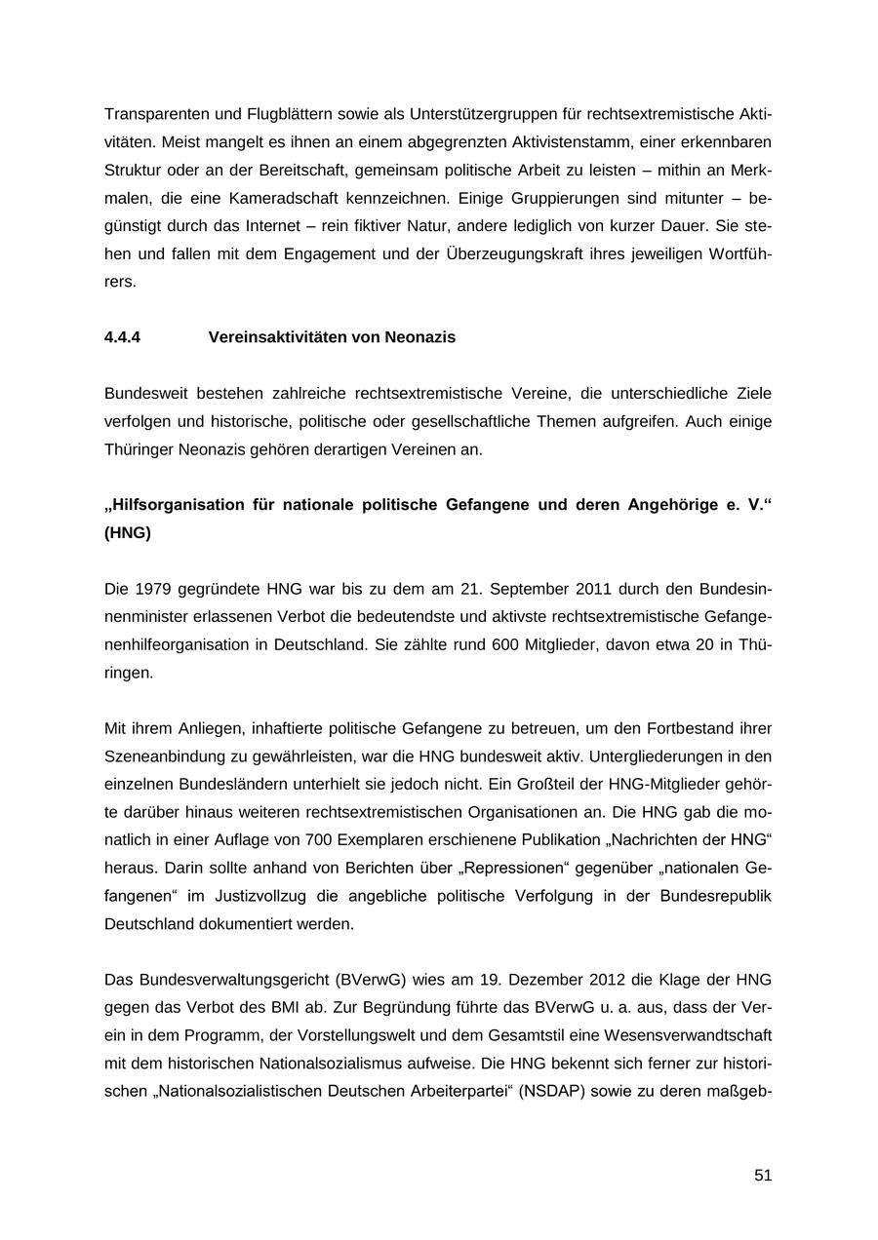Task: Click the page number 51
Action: click(763, 1176)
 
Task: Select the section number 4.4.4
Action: click(122, 337)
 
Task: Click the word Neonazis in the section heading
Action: click(419, 337)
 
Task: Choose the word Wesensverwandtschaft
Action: click(680, 1034)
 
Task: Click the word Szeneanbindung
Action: click(167, 756)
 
